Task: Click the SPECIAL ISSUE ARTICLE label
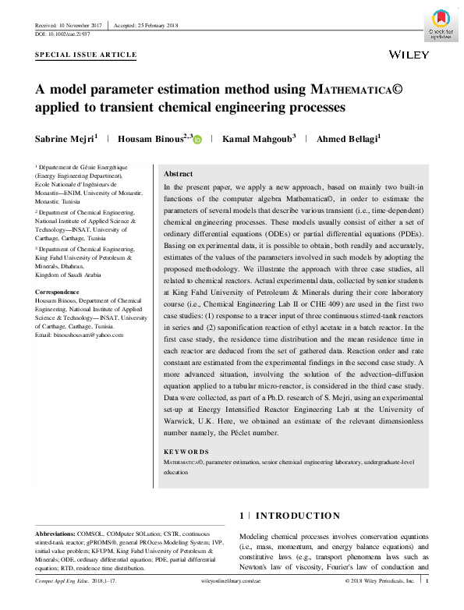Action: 86,55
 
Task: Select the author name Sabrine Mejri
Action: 66,139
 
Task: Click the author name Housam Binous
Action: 152,139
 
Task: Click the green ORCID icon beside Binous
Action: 197,140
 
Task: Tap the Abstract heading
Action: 178,174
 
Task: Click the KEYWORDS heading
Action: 186,452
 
